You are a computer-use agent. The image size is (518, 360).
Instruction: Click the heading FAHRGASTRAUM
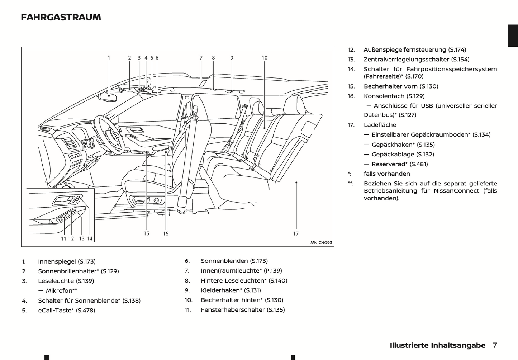[61, 18]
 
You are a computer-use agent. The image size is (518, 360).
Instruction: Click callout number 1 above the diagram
[109, 58]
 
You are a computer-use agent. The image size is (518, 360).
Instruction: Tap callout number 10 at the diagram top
[265, 58]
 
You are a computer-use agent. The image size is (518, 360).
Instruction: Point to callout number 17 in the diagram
[296, 234]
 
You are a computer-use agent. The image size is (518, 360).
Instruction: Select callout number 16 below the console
[166, 234]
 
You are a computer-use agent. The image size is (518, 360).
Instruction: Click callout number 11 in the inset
[63, 239]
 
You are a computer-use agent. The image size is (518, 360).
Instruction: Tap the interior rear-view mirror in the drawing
[108, 97]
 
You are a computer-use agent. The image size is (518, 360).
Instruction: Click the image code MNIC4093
[321, 243]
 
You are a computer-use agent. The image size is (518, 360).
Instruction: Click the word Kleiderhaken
[220, 290]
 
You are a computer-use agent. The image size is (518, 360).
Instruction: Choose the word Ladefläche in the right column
[380, 125]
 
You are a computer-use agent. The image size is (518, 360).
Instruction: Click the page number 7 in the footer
[495, 345]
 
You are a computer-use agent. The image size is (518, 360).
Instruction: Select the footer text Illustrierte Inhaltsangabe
[437, 345]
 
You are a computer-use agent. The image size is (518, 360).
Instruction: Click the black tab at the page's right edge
[513, 35]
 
